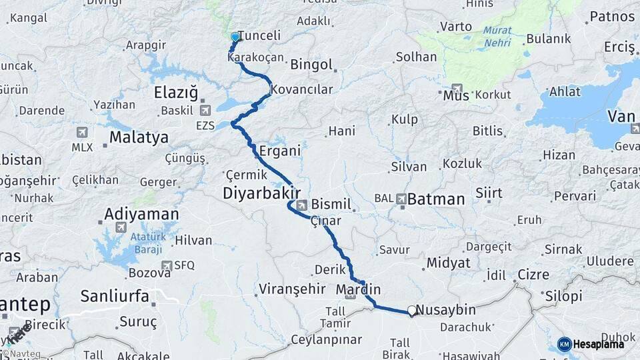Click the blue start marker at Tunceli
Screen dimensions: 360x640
click(x=235, y=37)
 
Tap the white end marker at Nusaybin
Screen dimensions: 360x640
click(x=413, y=310)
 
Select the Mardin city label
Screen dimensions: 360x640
click(x=358, y=290)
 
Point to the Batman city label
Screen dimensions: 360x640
click(x=435, y=199)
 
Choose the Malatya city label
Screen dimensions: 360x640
click(x=139, y=138)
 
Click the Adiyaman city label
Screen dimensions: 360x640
click(x=141, y=215)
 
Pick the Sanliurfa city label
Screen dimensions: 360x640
click(x=115, y=296)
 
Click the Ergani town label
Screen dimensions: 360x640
click(x=280, y=151)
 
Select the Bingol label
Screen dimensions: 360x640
click(x=311, y=65)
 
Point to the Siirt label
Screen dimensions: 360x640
click(x=489, y=193)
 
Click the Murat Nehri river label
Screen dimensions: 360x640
click(x=497, y=36)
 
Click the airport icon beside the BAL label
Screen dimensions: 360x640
click(x=401, y=199)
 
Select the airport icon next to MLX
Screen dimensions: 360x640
click(x=81, y=132)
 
